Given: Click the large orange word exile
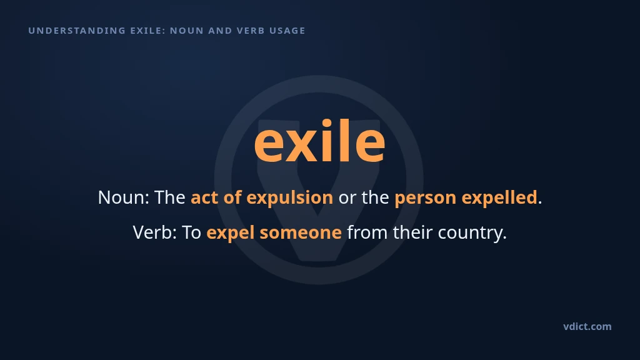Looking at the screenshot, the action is [x=319, y=141].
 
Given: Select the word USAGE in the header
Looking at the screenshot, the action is [x=287, y=31].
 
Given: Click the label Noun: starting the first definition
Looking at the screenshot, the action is [x=124, y=197].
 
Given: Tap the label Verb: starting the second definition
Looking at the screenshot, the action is [x=155, y=232].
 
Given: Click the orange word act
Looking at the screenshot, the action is [x=204, y=197].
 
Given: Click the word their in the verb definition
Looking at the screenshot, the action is [x=412, y=232].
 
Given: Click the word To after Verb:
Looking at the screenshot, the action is [x=191, y=232].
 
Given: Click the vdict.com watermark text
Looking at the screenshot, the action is [x=587, y=326].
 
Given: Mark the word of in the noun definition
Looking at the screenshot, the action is [x=232, y=197].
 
